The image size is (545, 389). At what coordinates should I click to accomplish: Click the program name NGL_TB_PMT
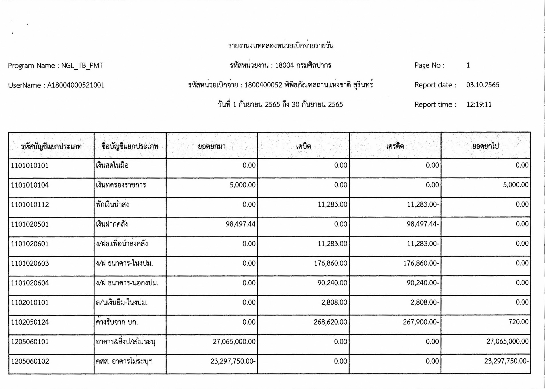(82, 66)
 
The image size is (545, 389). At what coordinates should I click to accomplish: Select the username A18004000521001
(76, 85)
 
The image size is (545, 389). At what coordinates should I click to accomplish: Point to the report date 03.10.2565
(483, 85)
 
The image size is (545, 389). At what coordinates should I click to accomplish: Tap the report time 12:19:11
(479, 104)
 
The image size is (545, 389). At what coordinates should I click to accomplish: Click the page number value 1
(468, 66)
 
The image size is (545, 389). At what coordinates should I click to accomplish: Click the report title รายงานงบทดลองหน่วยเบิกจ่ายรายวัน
(281, 46)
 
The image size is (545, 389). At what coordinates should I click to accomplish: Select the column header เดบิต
(303, 147)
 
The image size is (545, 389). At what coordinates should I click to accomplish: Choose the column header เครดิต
(395, 147)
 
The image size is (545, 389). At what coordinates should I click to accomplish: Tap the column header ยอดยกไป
(485, 146)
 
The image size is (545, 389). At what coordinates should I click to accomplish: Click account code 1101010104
(30, 185)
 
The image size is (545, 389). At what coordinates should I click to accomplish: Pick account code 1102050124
(30, 322)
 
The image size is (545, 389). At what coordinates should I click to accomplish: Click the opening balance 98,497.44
(240, 224)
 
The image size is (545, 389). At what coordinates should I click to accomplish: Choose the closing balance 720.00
(518, 322)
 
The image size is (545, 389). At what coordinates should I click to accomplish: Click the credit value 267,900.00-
(421, 322)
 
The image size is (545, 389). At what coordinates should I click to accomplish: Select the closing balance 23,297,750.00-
(506, 361)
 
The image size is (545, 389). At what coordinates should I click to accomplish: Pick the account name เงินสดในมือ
(112, 165)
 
